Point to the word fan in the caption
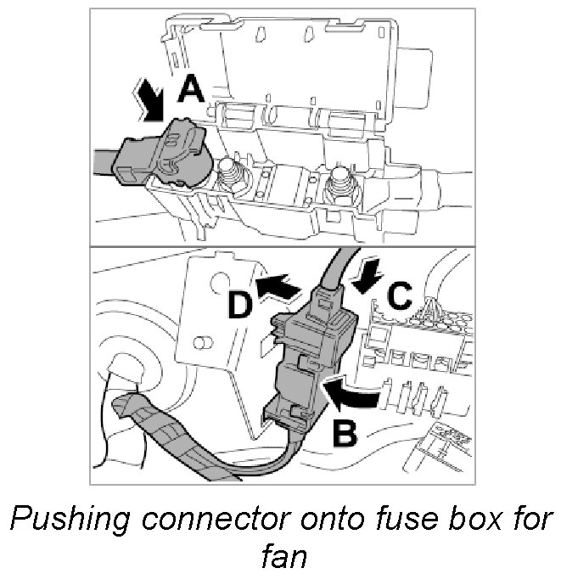point(279,557)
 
